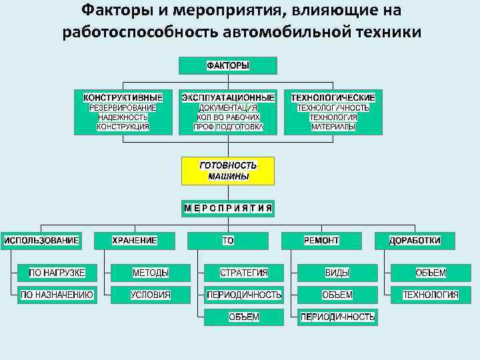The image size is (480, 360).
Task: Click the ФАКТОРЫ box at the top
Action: (228, 65)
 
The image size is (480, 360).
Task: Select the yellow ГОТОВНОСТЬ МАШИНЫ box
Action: (228, 171)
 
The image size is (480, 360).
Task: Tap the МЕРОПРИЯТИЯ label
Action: (228, 208)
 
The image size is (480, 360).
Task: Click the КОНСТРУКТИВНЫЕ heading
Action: (123, 97)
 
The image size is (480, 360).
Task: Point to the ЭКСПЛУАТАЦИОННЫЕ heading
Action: (228, 97)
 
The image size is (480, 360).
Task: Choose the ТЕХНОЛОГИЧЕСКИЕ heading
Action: (333, 97)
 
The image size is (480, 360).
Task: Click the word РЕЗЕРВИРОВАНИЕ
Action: (123, 107)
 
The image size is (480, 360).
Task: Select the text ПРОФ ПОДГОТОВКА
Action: (228, 127)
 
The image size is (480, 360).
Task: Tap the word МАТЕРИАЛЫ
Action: (333, 127)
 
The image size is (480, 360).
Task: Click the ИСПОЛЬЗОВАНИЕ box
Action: (41, 240)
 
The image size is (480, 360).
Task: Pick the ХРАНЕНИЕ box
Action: (135, 240)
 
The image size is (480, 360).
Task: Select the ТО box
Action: (228, 240)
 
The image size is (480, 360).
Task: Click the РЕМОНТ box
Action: (321, 240)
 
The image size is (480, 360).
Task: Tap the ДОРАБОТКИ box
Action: (415, 240)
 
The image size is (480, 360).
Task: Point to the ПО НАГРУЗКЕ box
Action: (57, 273)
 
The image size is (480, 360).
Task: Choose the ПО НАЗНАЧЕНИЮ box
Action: (57, 295)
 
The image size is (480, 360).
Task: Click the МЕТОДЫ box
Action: (151, 273)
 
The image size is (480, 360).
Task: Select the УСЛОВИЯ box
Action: (151, 295)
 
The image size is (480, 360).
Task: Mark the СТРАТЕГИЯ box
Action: (244, 273)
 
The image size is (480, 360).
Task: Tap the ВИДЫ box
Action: (337, 273)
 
